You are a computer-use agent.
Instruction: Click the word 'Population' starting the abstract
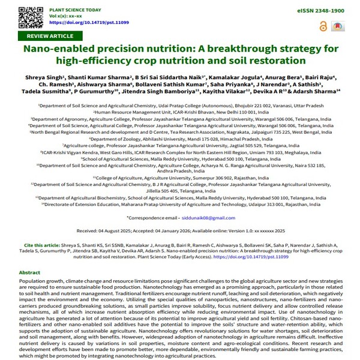click(x=34, y=281)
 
